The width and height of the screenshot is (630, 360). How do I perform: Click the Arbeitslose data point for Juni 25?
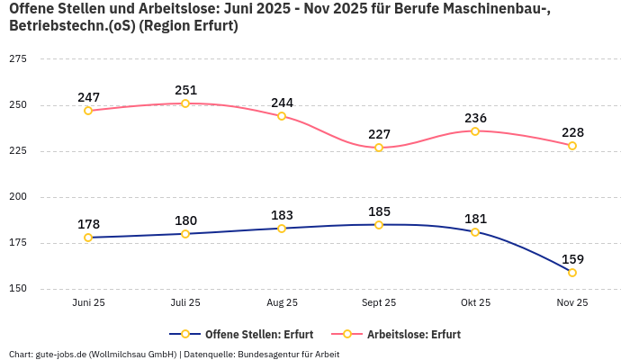(x=88, y=111)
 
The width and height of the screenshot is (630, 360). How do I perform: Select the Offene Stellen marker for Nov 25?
(x=572, y=273)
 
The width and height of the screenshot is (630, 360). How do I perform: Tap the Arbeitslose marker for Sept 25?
(x=379, y=148)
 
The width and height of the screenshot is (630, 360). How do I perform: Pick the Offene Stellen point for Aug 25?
(x=282, y=229)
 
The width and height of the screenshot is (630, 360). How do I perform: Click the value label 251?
(x=185, y=90)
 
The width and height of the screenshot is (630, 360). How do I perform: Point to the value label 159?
(x=572, y=259)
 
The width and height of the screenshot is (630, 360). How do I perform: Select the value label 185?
(x=379, y=211)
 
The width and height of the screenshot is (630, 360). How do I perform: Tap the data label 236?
(x=475, y=118)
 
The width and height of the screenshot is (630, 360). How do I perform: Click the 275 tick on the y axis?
(x=17, y=58)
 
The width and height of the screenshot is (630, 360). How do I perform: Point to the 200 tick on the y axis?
(x=17, y=197)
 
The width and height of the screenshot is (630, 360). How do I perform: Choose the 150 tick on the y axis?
(x=17, y=289)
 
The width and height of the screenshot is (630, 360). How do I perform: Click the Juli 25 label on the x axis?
(x=185, y=303)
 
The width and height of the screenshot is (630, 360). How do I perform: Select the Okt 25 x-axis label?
(x=475, y=303)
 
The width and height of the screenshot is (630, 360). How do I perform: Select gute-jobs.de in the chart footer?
(x=60, y=354)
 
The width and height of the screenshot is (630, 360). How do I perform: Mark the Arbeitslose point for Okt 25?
(x=475, y=131)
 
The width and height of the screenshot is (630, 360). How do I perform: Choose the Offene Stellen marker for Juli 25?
(x=185, y=234)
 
